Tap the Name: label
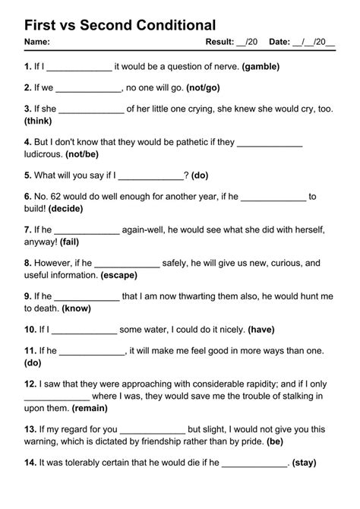click(37, 41)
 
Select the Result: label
click(220, 41)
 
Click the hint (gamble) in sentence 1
click(261, 66)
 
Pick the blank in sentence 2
click(90, 88)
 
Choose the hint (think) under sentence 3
click(38, 120)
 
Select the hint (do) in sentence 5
click(200, 175)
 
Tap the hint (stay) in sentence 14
click(304, 463)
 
